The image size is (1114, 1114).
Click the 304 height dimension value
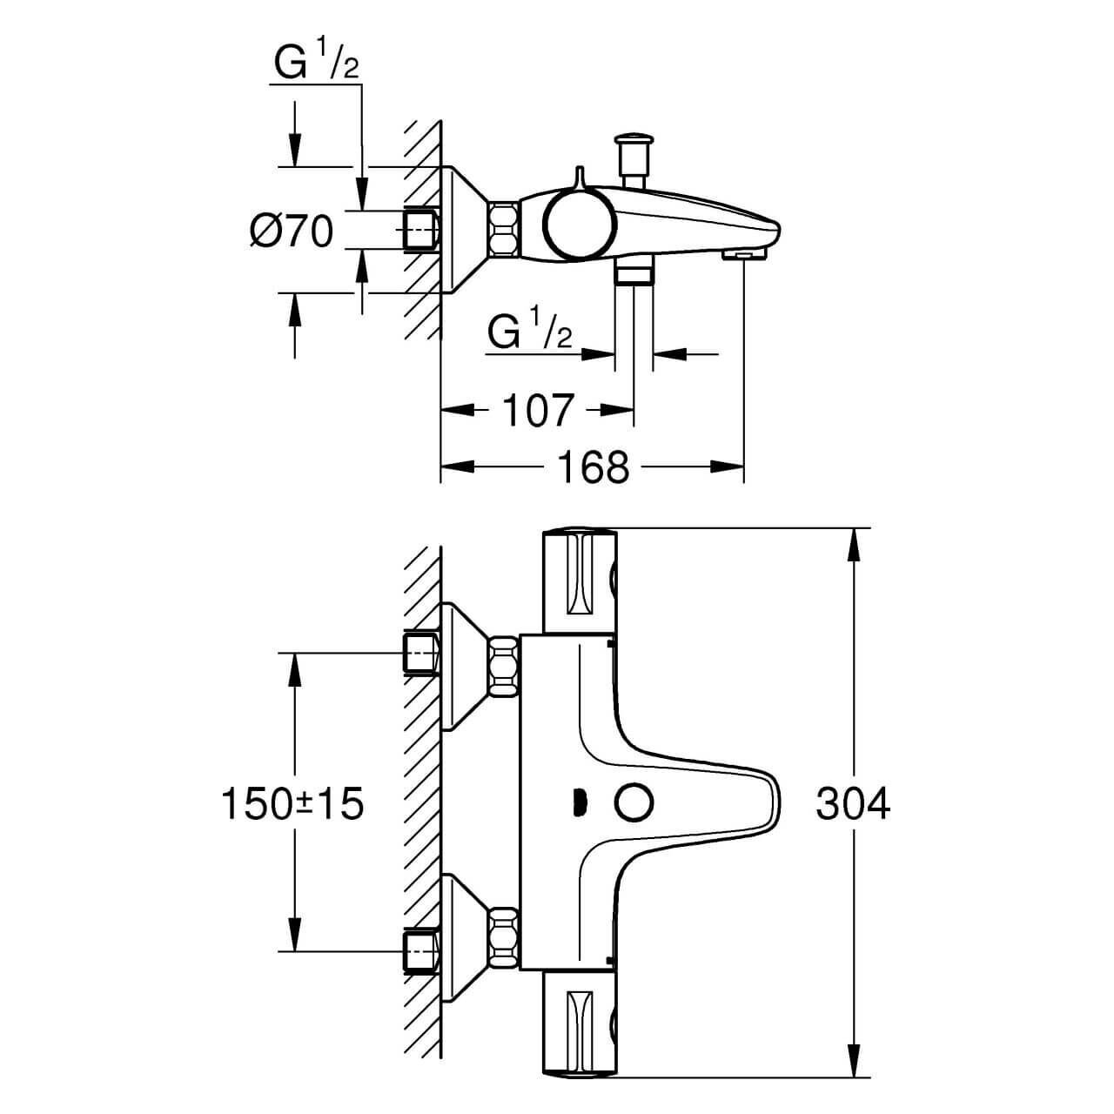point(853,804)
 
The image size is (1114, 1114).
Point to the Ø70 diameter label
point(291,232)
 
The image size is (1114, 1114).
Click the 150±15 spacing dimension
point(292,804)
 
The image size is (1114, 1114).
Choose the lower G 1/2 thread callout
point(531,332)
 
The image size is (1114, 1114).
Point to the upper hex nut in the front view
point(504,666)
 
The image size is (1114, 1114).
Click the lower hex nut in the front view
point(504,933)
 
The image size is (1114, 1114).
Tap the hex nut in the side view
point(505,230)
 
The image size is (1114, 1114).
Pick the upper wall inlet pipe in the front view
point(422,654)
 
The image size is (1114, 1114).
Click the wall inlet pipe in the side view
point(421,229)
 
